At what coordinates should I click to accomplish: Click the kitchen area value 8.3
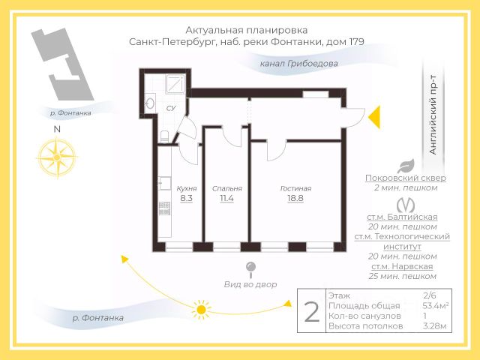pyautogui.click(x=187, y=199)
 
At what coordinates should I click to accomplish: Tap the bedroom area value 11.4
pyautogui.click(x=226, y=199)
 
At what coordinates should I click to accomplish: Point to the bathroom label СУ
pyautogui.click(x=170, y=109)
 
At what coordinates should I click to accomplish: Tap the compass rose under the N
pyautogui.click(x=56, y=158)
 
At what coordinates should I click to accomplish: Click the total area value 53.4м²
pyautogui.click(x=435, y=306)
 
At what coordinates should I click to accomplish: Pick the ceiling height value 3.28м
pyautogui.click(x=435, y=325)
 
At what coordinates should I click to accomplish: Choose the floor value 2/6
pyautogui.click(x=430, y=296)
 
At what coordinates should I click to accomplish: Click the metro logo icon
pyautogui.click(x=407, y=204)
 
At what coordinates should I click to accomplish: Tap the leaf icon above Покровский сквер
pyautogui.click(x=406, y=166)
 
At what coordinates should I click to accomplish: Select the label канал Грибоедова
pyautogui.click(x=298, y=64)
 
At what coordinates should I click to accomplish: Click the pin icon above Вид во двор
pyautogui.click(x=250, y=268)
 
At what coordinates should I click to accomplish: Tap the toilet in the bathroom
pyautogui.click(x=164, y=136)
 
